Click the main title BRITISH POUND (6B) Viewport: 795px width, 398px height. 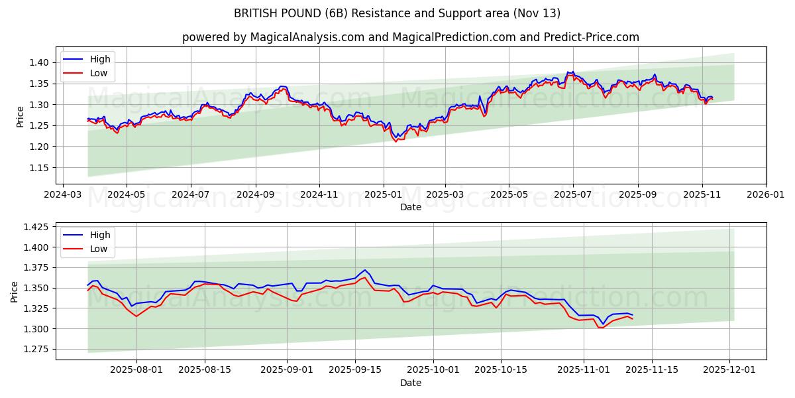[397, 13]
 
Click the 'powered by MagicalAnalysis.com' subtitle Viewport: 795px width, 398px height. [411, 37]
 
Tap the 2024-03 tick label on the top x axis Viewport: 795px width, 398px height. [62, 195]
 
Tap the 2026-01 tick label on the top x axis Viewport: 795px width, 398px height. [766, 195]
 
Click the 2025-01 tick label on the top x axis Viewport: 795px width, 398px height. [383, 195]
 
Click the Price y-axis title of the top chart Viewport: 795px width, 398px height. [21, 116]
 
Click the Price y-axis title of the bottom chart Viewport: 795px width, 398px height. [15, 291]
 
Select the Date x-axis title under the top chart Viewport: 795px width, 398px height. [411, 207]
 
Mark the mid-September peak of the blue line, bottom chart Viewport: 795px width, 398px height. [364, 270]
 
